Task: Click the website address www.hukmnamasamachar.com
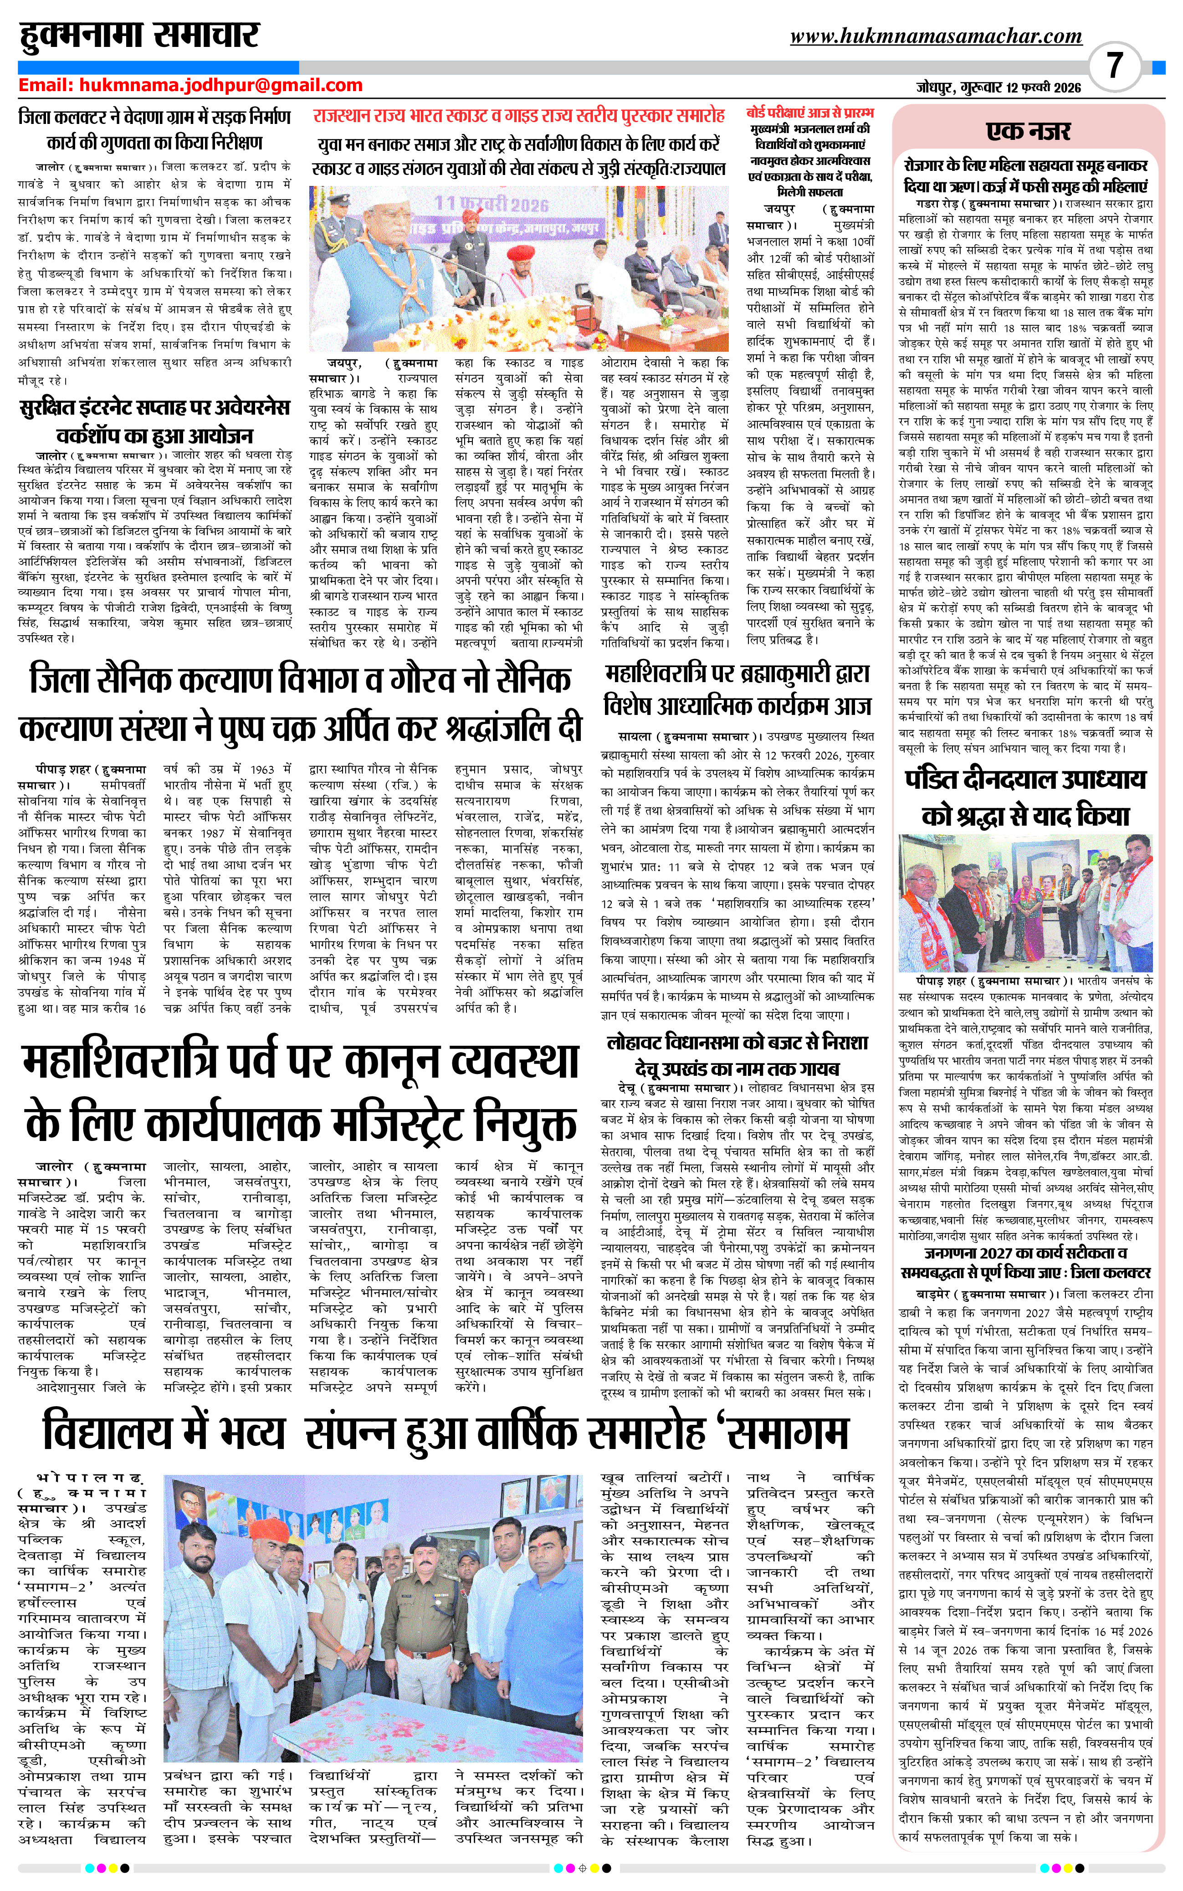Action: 936,36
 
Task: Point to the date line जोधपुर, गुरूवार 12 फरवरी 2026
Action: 999,87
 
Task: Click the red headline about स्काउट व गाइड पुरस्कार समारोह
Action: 518,116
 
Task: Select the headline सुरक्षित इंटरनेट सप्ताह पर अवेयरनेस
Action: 154,408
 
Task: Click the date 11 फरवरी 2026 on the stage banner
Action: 492,204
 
